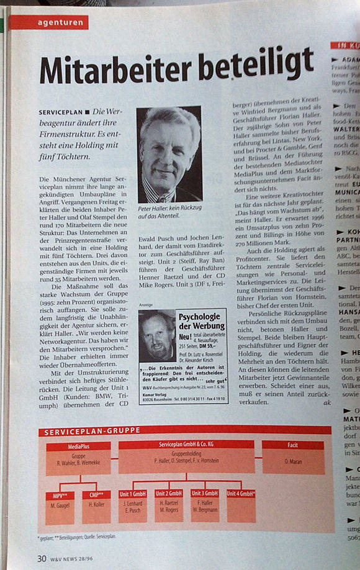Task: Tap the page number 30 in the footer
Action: pyautogui.click(x=42, y=558)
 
